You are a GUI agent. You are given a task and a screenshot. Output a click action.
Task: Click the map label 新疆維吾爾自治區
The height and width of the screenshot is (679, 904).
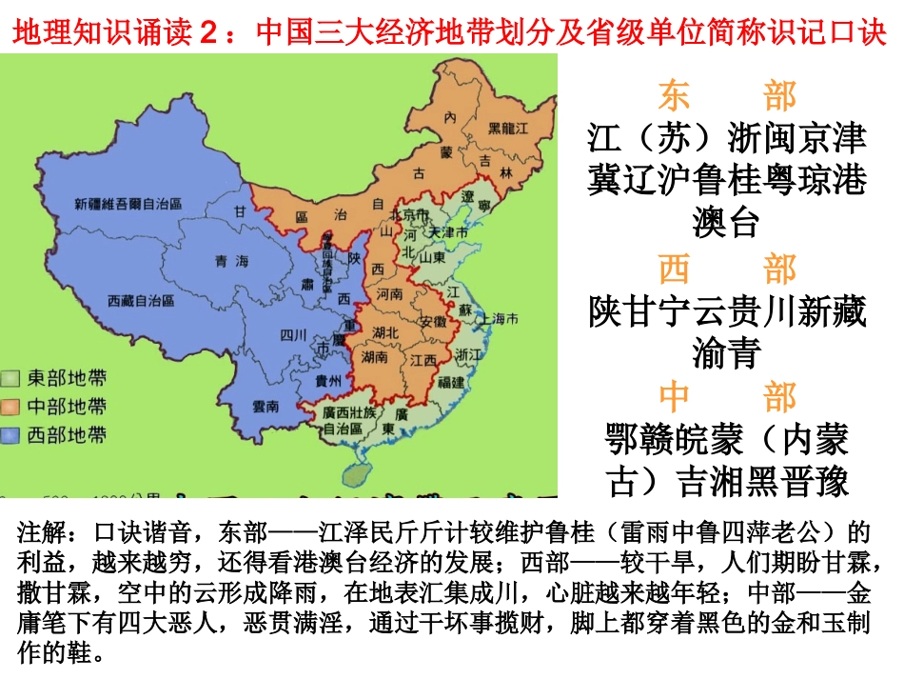click(x=128, y=205)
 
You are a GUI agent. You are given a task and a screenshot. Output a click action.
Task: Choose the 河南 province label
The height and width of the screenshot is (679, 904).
click(x=390, y=295)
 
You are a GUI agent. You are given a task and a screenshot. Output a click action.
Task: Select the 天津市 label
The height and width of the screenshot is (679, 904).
click(x=448, y=232)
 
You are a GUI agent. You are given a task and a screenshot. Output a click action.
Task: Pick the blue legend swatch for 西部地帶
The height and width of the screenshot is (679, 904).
click(x=13, y=435)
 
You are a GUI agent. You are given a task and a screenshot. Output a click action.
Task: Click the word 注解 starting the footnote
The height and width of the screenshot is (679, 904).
click(x=43, y=530)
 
